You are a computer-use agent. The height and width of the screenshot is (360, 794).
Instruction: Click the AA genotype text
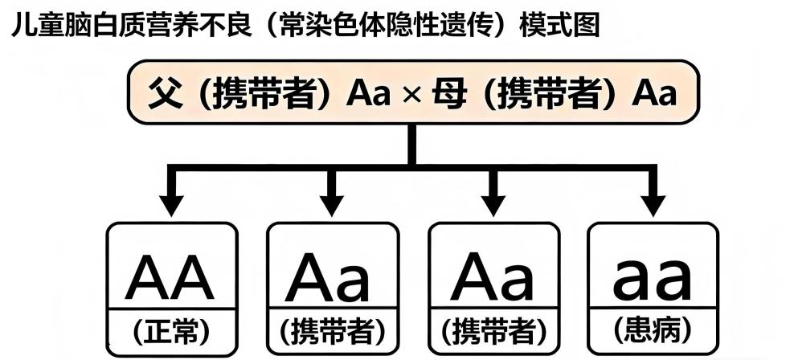[x=170, y=276]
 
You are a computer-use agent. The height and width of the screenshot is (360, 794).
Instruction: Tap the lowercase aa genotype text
[x=652, y=278]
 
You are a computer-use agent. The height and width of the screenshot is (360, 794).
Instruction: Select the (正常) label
[x=170, y=330]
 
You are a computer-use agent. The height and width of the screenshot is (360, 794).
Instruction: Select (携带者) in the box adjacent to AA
[x=332, y=331]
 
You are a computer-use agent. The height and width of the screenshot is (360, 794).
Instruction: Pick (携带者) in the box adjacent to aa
[x=494, y=331]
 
